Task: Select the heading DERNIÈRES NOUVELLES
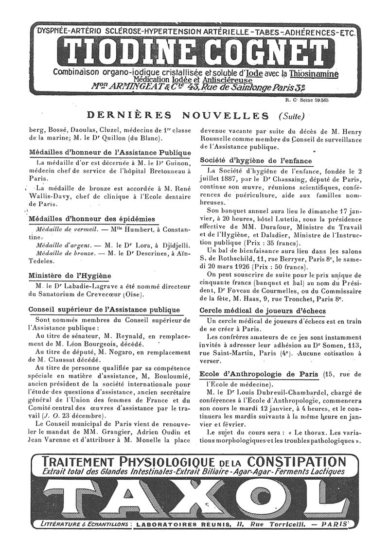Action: [177, 115]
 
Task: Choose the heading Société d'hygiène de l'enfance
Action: [256, 161]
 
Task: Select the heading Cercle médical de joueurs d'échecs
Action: [263, 311]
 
